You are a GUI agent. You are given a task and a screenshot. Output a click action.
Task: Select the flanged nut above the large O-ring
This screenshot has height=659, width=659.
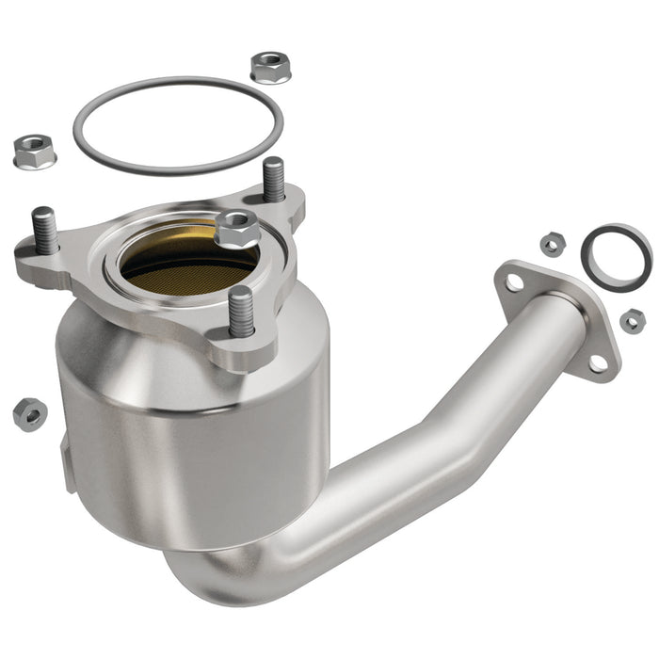[270, 67]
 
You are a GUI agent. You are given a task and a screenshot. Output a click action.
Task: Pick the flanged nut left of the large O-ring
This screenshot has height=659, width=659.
[34, 151]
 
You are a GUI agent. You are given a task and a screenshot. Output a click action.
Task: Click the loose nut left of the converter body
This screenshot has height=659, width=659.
[29, 412]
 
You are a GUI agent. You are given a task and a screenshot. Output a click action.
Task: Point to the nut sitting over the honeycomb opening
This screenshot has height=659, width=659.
[236, 228]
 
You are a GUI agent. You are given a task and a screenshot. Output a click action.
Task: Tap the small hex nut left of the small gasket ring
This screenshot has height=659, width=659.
[552, 245]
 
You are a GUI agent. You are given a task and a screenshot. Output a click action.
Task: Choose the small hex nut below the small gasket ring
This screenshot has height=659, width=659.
[633, 321]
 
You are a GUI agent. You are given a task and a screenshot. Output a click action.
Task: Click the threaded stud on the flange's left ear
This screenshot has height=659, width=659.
[44, 229]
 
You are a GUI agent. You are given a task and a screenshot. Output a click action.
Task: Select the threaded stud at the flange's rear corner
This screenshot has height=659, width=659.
[273, 178]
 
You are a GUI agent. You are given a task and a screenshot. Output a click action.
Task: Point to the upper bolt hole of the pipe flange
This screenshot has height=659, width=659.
[514, 281]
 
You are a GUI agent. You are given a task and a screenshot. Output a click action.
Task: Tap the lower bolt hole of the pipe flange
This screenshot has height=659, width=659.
[597, 362]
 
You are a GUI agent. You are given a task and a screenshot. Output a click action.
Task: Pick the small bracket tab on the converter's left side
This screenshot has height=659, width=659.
[68, 461]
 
